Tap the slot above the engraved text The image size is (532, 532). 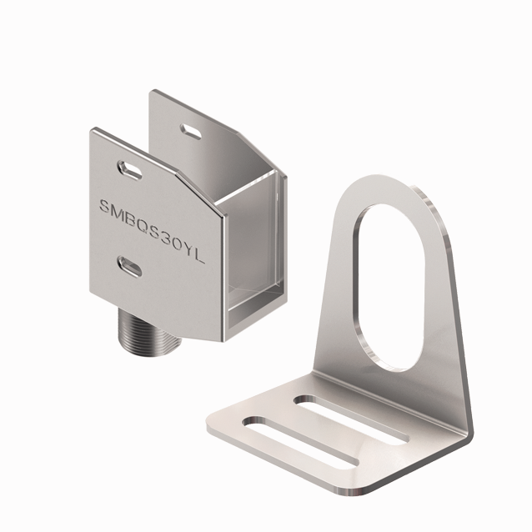click(131, 168)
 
